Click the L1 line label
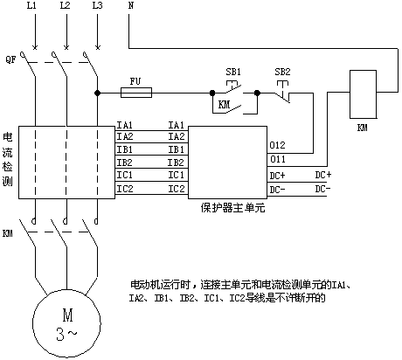coord(31,5)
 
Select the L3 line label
coord(97,5)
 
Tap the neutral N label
coord(131,5)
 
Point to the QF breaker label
coord(10,60)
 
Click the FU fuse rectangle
coord(136,93)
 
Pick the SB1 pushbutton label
coord(233,72)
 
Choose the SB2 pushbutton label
coord(282,72)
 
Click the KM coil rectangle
coord(363,94)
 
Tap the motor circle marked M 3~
coord(66,323)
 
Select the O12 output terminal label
coord(277,145)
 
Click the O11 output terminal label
coord(278,159)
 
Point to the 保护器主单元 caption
coord(232,208)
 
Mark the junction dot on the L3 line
coord(97,93)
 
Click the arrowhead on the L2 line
coord(66,46)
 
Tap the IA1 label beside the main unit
coord(177,125)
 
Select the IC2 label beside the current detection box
coord(125,189)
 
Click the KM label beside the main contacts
coord(8,233)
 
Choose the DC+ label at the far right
coord(323,175)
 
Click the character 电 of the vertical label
coord(8,137)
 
